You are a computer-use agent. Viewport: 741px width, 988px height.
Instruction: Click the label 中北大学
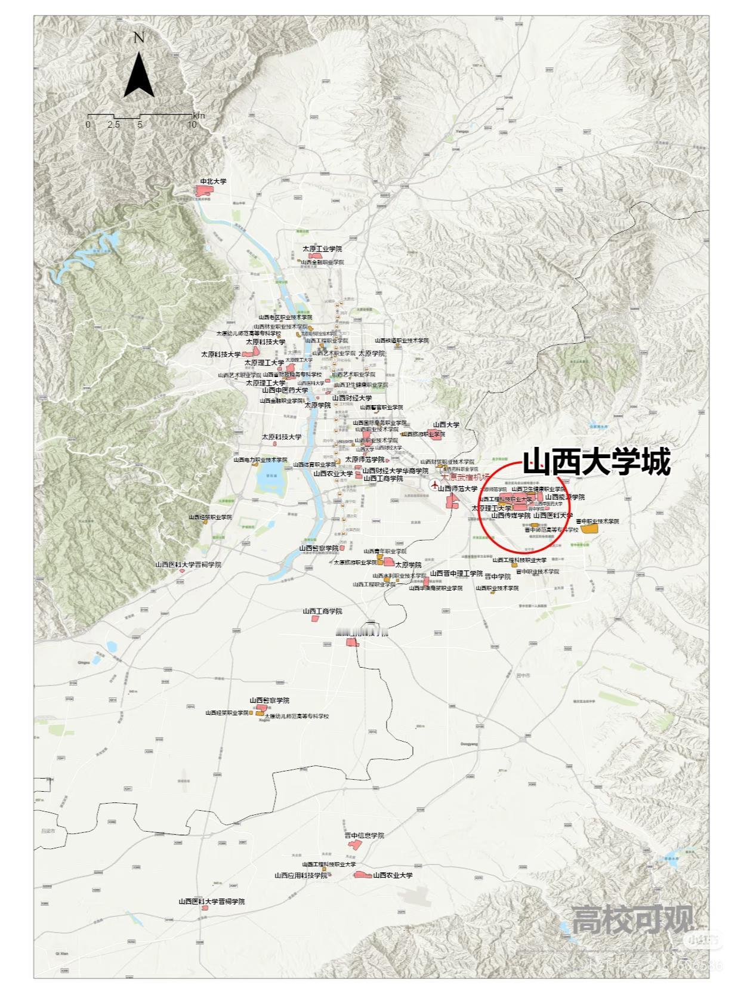213,181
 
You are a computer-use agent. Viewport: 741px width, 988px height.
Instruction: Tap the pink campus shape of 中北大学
205,190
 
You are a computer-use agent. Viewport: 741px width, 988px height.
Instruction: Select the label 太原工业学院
322,249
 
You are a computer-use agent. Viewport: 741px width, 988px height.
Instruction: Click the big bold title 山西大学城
596,461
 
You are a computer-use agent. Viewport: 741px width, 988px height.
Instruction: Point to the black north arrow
139,76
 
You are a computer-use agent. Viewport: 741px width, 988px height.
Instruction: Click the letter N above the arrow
139,38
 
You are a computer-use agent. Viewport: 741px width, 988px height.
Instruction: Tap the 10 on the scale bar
192,125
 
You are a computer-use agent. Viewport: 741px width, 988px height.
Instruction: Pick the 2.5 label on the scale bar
113,125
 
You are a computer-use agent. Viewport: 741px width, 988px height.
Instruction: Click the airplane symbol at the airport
435,484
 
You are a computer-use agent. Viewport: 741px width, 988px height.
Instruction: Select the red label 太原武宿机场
465,477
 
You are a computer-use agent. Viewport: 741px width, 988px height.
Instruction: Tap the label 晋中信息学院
364,835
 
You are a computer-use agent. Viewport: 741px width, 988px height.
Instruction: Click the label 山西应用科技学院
301,875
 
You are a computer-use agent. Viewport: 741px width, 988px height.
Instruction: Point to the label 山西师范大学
458,489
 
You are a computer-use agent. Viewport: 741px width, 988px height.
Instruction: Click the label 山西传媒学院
510,515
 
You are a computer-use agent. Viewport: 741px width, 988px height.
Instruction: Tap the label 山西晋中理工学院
456,573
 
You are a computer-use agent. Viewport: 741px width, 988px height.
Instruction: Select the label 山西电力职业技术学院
261,460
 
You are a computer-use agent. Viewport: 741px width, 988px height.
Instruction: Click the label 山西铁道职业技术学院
402,341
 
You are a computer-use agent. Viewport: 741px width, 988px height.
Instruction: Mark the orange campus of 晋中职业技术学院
590,529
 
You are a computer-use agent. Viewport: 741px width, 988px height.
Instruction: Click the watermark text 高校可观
632,919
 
